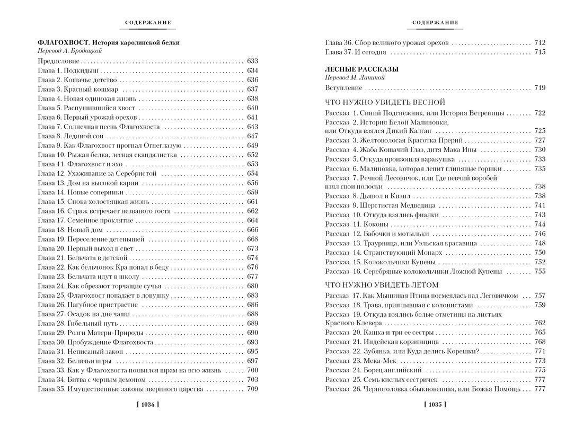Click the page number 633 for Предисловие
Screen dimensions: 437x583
[252, 61]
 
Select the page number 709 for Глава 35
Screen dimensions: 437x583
[252, 389]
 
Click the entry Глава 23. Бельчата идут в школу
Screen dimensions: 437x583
[93, 277]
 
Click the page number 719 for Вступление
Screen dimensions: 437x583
[540, 88]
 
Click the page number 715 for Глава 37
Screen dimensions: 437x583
[540, 52]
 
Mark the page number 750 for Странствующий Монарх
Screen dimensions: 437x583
[540, 253]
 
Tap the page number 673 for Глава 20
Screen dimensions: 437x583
[252, 248]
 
